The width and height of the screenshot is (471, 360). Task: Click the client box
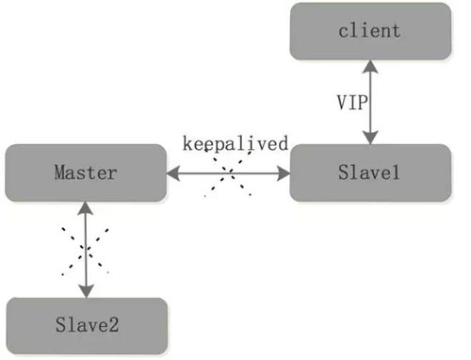point(370,31)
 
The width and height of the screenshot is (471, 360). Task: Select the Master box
point(86,172)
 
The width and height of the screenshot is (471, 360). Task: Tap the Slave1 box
point(370,172)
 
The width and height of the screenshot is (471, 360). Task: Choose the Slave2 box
point(87,325)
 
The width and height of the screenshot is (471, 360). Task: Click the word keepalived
point(235,143)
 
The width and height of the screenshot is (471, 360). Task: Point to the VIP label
point(352,103)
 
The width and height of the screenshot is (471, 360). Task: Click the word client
point(369,31)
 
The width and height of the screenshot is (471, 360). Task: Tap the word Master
point(86,172)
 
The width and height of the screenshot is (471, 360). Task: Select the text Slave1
point(369,172)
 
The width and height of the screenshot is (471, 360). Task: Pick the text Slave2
point(88,325)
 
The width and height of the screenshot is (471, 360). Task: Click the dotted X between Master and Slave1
point(228,172)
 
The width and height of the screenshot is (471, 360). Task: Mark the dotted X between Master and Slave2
point(85,251)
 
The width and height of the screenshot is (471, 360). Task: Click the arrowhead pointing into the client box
point(370,67)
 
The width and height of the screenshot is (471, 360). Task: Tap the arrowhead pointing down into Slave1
point(370,138)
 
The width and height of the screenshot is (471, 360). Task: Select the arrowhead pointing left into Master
point(173,173)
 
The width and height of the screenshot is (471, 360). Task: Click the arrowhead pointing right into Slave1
point(284,173)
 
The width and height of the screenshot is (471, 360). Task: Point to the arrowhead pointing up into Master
point(86,208)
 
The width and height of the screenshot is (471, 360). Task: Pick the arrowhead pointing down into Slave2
point(87,291)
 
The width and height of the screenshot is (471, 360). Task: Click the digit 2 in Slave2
point(113,325)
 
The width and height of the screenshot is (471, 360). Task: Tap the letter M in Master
point(61,172)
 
